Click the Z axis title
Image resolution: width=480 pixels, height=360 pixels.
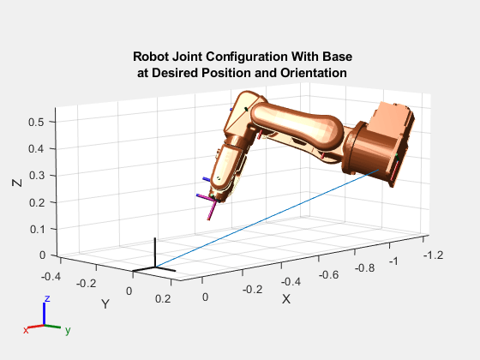[x=17, y=183]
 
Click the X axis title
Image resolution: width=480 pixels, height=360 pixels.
[x=286, y=299]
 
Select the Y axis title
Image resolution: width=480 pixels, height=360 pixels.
[x=105, y=303]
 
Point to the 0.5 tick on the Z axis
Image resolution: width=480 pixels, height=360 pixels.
[x=36, y=123]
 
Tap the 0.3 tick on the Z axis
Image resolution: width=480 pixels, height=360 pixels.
[x=36, y=176]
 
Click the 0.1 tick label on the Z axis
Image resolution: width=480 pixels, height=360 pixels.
[x=36, y=229]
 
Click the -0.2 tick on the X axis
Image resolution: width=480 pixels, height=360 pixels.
[x=249, y=290]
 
